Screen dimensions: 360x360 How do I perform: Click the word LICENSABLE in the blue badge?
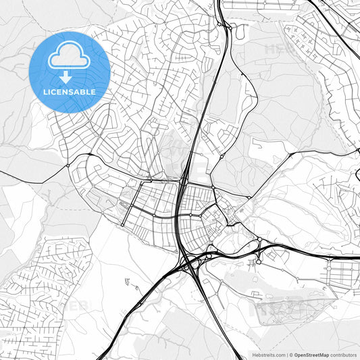point(70,92)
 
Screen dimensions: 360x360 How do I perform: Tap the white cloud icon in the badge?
point(70,57)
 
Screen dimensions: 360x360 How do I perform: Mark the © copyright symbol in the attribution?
point(290,355)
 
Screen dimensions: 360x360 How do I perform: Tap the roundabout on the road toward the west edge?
point(68,165)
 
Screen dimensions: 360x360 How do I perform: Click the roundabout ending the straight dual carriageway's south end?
point(123,225)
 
